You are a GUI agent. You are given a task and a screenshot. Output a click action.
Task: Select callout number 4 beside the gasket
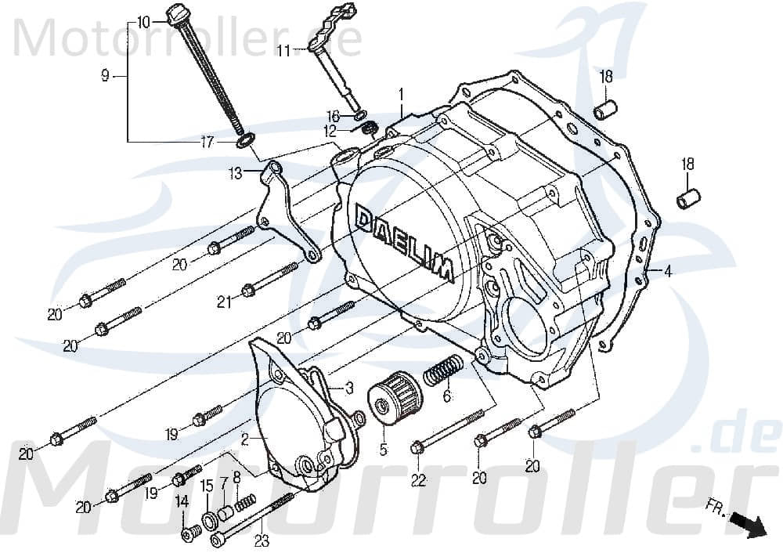coord(668,273)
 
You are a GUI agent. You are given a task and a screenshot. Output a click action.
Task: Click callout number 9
coord(104,75)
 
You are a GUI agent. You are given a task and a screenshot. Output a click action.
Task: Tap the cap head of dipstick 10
coord(174,15)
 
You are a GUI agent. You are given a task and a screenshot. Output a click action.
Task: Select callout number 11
coord(283,51)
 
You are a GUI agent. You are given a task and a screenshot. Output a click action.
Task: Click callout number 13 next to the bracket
coord(236,175)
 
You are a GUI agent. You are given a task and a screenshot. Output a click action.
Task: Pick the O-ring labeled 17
coord(244,141)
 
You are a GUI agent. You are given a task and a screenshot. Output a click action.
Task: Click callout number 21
coord(224,302)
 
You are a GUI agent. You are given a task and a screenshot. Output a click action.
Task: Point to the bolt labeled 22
coord(417,448)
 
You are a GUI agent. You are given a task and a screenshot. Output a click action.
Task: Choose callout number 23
coord(261,539)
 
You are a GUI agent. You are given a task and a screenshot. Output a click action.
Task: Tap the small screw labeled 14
coord(187,535)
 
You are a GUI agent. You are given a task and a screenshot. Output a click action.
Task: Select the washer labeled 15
coord(210,520)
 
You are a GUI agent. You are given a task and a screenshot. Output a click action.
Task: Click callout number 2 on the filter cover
coord(244,441)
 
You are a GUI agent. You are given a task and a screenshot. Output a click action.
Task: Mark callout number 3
coord(349,386)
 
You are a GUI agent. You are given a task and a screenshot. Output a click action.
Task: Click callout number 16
coord(332,116)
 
